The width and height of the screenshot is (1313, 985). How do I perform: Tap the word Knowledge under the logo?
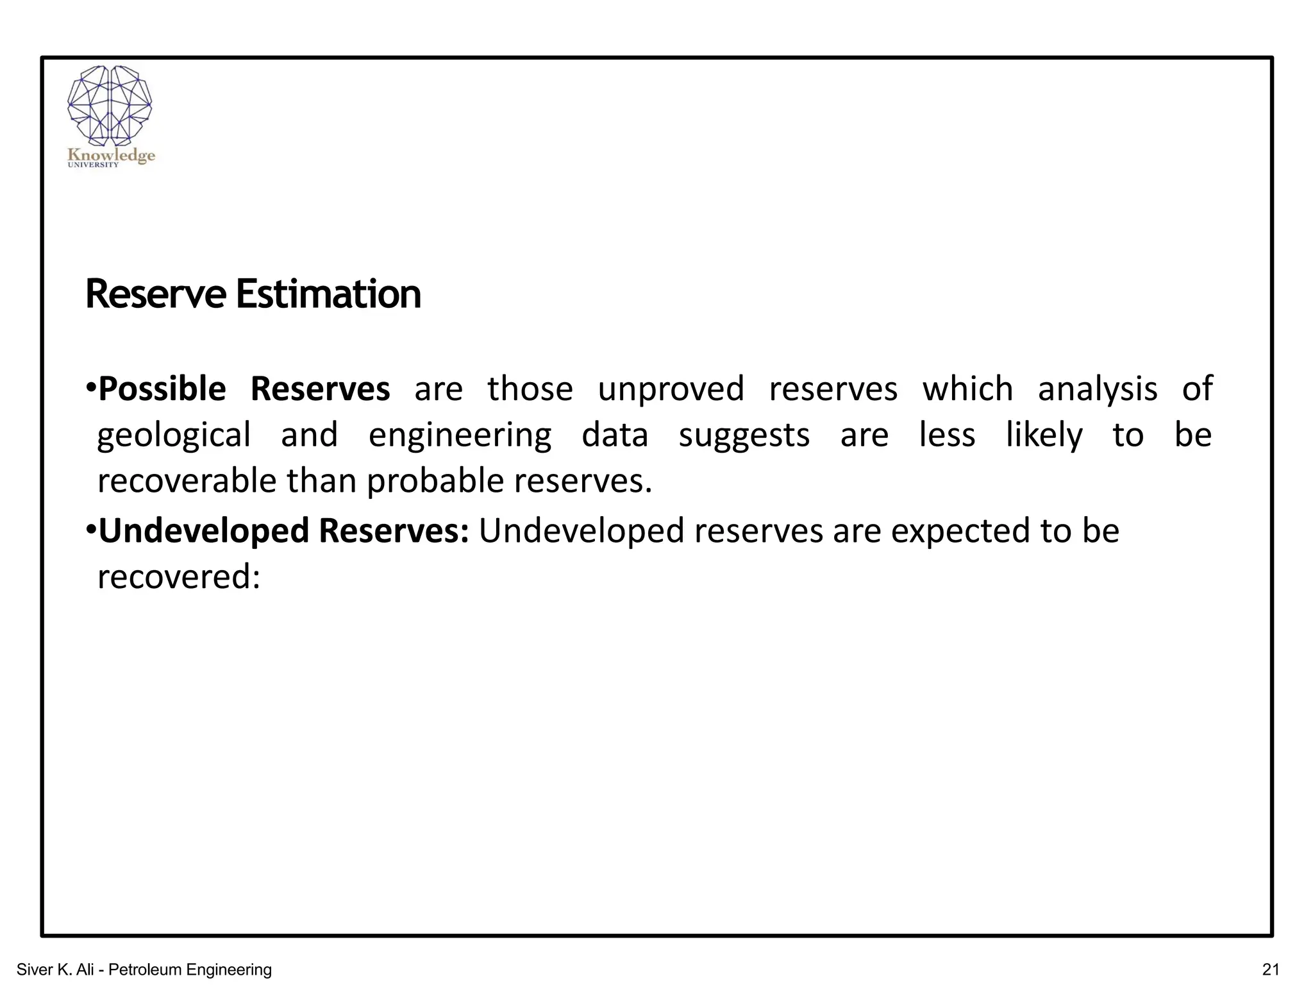[111, 155]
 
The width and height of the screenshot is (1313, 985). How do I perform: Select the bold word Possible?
[162, 389]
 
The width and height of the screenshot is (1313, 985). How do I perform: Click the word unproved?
[671, 389]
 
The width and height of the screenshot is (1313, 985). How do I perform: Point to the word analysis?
[1097, 389]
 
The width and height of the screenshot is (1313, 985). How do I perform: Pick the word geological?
[174, 435]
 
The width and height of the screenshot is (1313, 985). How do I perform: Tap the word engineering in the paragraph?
[460, 435]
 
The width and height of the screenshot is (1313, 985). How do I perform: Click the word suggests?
[744, 435]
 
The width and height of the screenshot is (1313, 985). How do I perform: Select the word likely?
[1044, 435]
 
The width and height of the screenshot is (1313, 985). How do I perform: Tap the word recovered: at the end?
[179, 577]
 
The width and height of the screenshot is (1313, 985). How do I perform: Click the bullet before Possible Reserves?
[90, 387]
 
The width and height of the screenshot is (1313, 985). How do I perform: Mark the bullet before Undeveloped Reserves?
[90, 530]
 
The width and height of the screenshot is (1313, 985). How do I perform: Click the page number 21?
[1270, 969]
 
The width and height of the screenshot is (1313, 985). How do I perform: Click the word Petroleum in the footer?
[145, 970]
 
